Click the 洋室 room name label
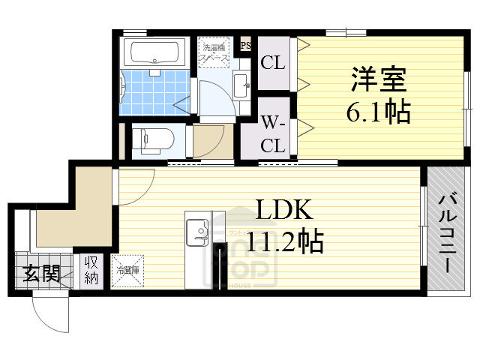377,78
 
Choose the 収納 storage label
91,271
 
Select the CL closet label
273,64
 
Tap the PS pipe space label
244,46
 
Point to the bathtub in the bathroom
154,53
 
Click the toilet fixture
154,139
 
